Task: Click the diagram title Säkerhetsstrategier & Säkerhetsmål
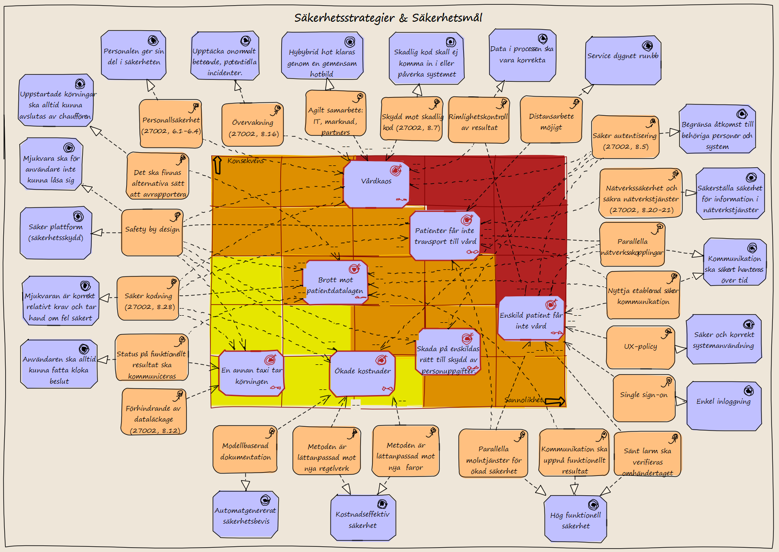388,18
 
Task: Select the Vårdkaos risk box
376,184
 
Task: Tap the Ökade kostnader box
363,373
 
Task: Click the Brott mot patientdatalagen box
335,282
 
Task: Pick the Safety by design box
152,232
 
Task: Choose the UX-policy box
640,347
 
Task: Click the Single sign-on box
644,397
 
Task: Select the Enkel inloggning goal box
724,405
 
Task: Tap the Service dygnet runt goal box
623,60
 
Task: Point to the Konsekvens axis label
245,161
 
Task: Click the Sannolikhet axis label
523,400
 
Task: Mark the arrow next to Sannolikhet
554,401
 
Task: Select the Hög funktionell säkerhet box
575,518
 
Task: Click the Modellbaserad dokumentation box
245,449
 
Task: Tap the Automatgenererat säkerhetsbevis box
245,514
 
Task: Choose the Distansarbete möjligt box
551,119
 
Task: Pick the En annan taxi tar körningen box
251,373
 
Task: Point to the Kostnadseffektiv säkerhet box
363,517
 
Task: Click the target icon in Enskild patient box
551,304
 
